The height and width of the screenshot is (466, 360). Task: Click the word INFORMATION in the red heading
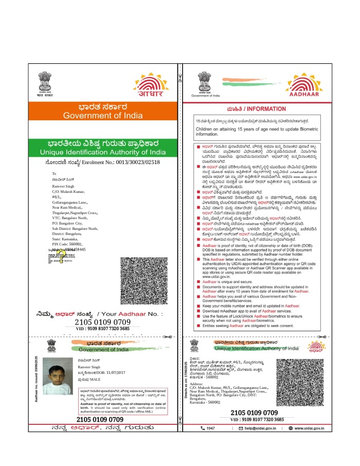[x=267, y=110]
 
